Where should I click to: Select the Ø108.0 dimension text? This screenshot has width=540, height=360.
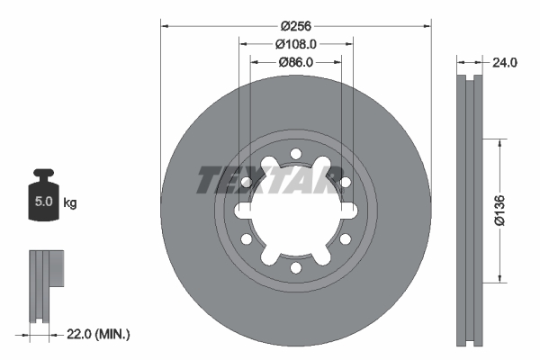tap(296, 43)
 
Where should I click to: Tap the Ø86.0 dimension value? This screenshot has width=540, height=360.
tap(295, 62)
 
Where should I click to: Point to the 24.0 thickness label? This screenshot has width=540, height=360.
tap(504, 63)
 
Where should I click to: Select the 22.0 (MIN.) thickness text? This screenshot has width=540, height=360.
tap(99, 334)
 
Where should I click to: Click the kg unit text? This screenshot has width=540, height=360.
tap(70, 203)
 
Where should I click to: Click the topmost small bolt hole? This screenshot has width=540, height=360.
tap(296, 154)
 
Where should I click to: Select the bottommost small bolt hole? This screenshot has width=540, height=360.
tap(296, 269)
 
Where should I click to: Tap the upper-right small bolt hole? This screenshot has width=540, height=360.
tap(346, 183)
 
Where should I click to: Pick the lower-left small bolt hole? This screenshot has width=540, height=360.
tap(246, 240)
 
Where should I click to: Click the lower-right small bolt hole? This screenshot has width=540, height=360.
tap(346, 240)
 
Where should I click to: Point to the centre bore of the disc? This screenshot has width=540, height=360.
tap(295, 211)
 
